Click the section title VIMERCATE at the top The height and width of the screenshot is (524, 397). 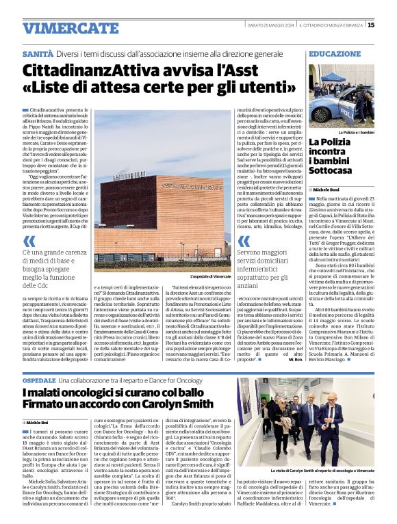click(61, 28)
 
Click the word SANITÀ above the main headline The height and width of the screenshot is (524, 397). click(38, 53)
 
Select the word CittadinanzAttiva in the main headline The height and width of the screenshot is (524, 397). click(89, 70)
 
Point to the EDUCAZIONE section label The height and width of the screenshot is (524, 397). click(335, 53)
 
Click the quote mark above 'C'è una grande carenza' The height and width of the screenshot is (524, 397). click(29, 241)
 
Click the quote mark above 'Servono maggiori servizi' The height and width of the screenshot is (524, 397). click(244, 241)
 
